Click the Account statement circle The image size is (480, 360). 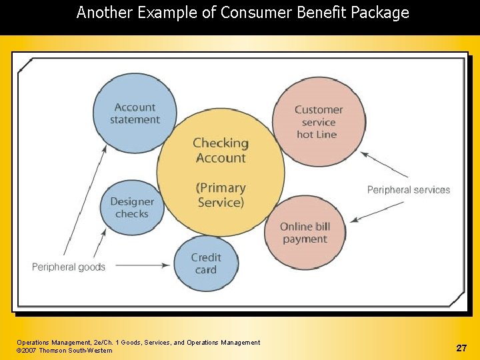[135, 113]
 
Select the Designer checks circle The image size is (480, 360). [132, 207]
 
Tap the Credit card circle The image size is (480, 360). [206, 263]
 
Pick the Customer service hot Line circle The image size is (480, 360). [319, 121]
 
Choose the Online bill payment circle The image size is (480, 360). [305, 233]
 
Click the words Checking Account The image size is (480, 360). [221, 150]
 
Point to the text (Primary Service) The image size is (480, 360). [221, 195]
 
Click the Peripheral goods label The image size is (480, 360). [69, 267]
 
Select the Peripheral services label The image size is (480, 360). [409, 190]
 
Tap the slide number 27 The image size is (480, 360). [461, 348]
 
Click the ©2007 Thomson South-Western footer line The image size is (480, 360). [65, 351]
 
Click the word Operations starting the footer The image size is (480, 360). [33, 343]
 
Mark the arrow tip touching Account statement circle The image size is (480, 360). [105, 148]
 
